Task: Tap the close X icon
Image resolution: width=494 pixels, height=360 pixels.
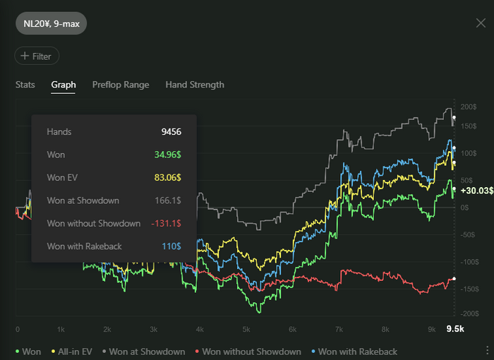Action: [481, 23]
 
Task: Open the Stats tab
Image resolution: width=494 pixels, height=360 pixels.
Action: [25, 85]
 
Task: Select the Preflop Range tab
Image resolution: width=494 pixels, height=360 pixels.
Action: [121, 85]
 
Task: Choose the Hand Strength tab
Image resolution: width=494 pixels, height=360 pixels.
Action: [195, 85]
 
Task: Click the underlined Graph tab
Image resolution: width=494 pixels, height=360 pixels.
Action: [64, 85]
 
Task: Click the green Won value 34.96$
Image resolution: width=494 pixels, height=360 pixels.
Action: [167, 155]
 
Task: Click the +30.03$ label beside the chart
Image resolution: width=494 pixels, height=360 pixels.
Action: [475, 191]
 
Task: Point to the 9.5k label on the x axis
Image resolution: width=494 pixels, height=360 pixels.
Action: [454, 329]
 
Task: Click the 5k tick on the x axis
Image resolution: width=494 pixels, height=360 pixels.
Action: [246, 329]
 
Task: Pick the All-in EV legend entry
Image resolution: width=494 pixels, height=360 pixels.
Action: [73, 352]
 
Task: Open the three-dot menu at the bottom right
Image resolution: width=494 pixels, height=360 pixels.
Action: [486, 351]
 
